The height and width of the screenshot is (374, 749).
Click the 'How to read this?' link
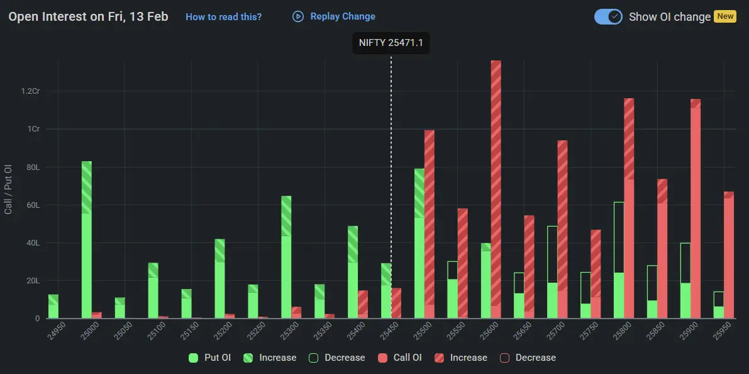pyautogui.click(x=223, y=17)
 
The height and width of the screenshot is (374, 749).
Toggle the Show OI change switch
pyautogui.click(x=608, y=17)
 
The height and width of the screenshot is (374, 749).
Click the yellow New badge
pyautogui.click(x=725, y=16)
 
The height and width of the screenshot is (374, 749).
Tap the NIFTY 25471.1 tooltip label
pyautogui.click(x=391, y=43)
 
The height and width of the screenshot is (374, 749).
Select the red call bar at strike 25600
pyautogui.click(x=496, y=189)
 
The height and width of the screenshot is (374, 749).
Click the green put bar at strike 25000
pyautogui.click(x=87, y=239)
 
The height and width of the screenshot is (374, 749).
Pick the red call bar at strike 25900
pyautogui.click(x=696, y=208)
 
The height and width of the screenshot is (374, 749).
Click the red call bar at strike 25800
pyautogui.click(x=629, y=208)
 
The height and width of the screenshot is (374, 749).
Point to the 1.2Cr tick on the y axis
pyautogui.click(x=30, y=91)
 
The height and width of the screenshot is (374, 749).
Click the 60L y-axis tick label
pyautogui.click(x=33, y=205)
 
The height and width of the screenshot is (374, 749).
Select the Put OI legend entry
pyautogui.click(x=210, y=358)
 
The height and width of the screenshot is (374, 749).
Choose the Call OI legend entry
pyautogui.click(x=400, y=358)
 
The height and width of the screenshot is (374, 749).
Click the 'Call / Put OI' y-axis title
pyautogui.click(x=8, y=189)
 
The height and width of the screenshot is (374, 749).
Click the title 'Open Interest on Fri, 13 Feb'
pyautogui.click(x=88, y=16)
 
